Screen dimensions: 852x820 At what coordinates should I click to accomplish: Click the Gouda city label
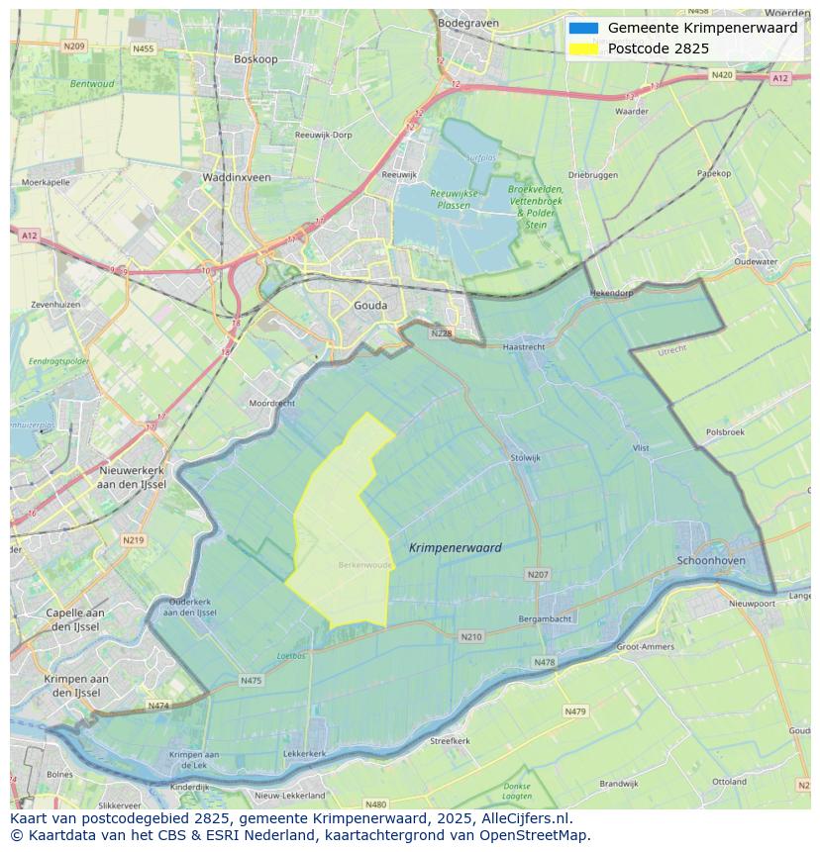tap(370, 306)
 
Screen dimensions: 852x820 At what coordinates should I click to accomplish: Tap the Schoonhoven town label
tap(712, 560)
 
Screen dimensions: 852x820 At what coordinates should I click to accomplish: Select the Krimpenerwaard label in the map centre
tap(455, 547)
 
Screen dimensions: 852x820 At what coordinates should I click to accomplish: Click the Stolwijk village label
tap(525, 458)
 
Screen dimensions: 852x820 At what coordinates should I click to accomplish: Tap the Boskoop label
tap(256, 59)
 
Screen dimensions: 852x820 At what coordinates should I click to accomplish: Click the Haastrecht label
tap(524, 347)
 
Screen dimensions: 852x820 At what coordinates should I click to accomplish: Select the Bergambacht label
tap(545, 619)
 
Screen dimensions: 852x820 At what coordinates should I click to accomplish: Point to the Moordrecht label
tap(271, 404)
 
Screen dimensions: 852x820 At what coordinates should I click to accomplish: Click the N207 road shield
tap(538, 574)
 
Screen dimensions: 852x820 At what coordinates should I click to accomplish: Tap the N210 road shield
tap(471, 636)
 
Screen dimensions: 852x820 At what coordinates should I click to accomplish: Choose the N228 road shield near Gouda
tap(442, 333)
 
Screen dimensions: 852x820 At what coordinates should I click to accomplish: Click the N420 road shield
tap(721, 75)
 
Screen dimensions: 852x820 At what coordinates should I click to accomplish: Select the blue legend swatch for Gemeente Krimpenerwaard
tap(583, 29)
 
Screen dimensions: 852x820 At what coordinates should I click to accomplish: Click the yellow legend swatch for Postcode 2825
tap(583, 48)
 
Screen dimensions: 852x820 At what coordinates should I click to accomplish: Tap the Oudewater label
tap(757, 262)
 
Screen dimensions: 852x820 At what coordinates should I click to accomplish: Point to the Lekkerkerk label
tap(304, 754)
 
